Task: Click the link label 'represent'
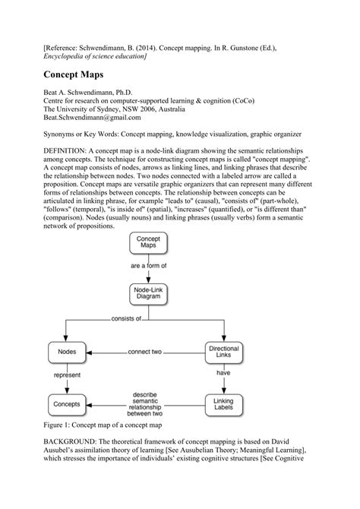(67, 375)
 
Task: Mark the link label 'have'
(223, 373)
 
